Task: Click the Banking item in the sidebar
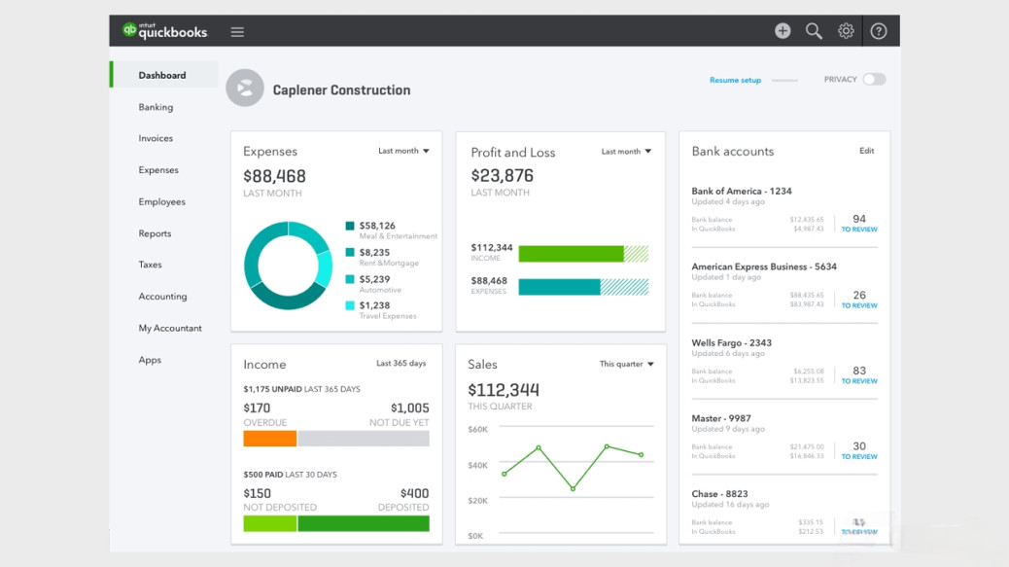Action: pos(156,107)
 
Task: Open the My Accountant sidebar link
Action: pos(170,328)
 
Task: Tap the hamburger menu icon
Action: pos(237,32)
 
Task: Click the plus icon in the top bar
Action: pos(783,31)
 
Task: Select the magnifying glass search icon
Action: pos(814,31)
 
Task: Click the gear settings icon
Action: pos(846,31)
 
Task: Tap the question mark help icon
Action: pos(878,31)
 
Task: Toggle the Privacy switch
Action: pos(874,80)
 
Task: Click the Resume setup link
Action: pos(735,80)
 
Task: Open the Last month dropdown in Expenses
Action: pos(403,152)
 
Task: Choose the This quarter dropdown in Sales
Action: pos(626,364)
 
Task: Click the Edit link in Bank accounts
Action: pos(866,151)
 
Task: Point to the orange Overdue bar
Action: pos(269,439)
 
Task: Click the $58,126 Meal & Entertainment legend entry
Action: pos(377,226)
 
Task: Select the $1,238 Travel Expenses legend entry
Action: pos(374,305)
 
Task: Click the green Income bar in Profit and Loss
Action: pos(571,254)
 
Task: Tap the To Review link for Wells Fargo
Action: pos(859,381)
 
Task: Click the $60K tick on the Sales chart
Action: pos(477,429)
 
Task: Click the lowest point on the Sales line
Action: pos(573,488)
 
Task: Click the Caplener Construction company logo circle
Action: pos(245,89)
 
